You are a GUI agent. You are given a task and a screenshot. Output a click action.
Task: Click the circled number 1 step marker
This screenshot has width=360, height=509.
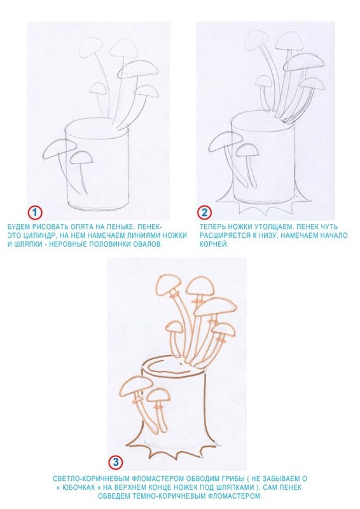pos(35,213)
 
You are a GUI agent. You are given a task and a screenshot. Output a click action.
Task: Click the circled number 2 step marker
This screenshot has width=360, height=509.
pos(205,213)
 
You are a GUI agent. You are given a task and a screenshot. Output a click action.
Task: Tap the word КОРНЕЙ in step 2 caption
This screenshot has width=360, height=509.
pos(214,244)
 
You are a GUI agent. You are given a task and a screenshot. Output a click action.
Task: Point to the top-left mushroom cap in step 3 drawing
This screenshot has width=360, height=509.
pos(168,284)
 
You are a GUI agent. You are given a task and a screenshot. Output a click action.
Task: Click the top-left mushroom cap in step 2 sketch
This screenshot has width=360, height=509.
pos(256,40)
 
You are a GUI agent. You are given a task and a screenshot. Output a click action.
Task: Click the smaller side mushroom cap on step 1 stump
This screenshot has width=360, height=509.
pos(81,157)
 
